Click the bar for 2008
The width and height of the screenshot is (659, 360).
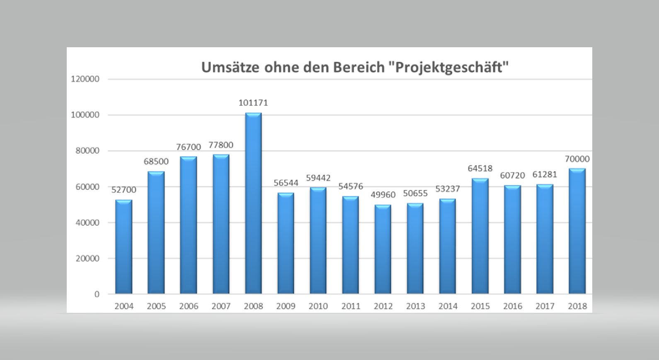click(253, 203)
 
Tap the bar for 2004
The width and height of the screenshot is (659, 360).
click(124, 247)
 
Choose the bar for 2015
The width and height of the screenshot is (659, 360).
click(480, 236)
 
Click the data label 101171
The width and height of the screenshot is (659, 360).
click(253, 103)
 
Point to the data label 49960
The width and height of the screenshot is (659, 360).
click(383, 195)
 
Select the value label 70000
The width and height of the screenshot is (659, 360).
click(577, 159)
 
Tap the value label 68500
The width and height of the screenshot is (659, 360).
click(156, 162)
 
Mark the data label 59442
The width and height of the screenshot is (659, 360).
click(318, 178)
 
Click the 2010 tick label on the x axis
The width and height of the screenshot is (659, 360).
click(318, 306)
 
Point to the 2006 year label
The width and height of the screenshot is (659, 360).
click(189, 306)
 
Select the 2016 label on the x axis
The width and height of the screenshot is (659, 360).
click(512, 306)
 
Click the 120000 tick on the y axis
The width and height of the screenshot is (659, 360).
click(85, 79)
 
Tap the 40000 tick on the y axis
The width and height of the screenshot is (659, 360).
click(87, 222)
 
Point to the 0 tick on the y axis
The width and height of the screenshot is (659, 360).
click(97, 294)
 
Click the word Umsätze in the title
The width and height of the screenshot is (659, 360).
click(230, 67)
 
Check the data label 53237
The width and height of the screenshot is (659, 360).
click(448, 189)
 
